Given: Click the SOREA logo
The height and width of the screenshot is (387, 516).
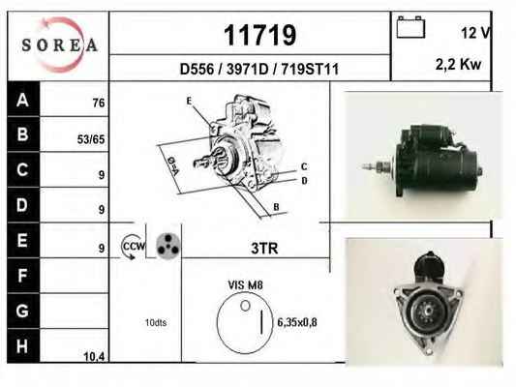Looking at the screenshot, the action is tap(59, 45).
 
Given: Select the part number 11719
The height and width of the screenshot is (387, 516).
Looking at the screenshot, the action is tap(260, 35).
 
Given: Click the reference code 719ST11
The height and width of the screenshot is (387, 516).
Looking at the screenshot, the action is tap(310, 69).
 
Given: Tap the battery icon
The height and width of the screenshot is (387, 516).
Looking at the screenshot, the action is tap(410, 27).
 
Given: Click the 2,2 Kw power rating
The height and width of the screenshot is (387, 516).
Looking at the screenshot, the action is tap(458, 64).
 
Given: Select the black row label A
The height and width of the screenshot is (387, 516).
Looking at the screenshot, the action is tap(23, 99).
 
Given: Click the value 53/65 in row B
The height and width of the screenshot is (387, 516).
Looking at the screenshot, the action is tap(91, 139).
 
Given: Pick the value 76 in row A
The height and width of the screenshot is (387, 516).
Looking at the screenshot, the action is tap(99, 103).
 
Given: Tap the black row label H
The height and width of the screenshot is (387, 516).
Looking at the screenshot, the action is tap(22, 346).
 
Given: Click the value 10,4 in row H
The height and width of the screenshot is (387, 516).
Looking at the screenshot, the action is tap(94, 356).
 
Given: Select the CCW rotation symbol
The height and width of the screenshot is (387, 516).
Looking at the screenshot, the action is tap(133, 247).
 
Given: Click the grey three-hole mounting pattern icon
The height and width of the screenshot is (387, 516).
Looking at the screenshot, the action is tap(167, 246).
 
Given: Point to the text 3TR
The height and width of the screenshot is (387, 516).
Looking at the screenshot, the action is tap(264, 249).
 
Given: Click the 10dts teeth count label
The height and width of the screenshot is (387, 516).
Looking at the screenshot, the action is tap(156, 322).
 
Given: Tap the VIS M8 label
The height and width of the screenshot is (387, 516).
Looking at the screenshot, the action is tap(246, 285).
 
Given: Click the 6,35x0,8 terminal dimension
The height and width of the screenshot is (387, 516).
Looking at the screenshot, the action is tap(297, 322).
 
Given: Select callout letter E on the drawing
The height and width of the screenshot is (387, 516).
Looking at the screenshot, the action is tap(189, 101).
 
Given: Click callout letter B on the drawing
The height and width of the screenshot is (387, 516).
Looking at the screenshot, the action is tap(276, 207).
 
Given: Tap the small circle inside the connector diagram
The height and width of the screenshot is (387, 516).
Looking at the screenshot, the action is tap(245, 306).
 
